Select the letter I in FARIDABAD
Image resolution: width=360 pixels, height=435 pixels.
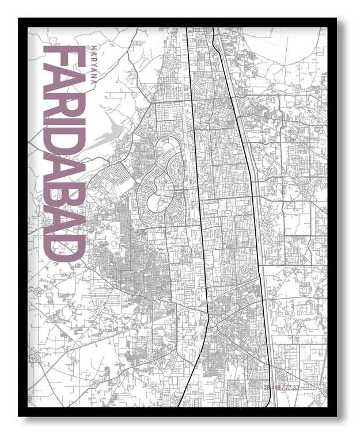[63, 128]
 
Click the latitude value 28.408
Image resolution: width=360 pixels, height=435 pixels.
[272, 387]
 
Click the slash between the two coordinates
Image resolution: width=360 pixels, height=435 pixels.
[283, 387]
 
